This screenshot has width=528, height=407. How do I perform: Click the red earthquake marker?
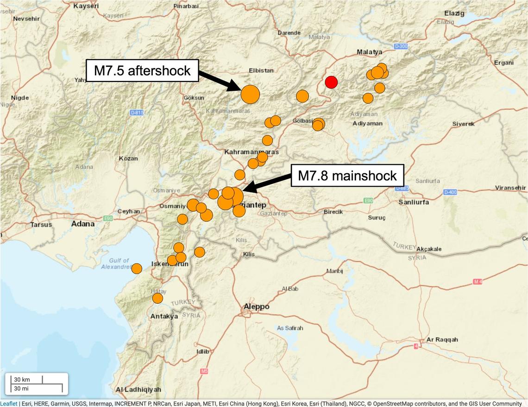[x=331, y=82]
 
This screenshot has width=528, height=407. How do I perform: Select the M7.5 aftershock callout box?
[x=142, y=70]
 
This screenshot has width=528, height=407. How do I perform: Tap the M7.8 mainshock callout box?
[x=347, y=175]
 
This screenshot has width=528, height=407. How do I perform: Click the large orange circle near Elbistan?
[x=250, y=94]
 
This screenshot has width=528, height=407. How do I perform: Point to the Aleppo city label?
[x=257, y=307]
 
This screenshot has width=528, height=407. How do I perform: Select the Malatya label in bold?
[x=370, y=52]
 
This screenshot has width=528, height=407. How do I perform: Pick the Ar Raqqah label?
[x=442, y=339]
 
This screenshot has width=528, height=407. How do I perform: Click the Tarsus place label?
[x=41, y=225]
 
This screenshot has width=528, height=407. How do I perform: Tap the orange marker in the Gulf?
[x=137, y=269]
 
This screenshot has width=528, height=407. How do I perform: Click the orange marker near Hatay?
[x=157, y=298]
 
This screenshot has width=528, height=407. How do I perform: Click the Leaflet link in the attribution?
[x=9, y=403]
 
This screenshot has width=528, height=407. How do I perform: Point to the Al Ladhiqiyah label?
[x=138, y=389]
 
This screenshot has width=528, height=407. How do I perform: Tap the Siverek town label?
[x=464, y=124]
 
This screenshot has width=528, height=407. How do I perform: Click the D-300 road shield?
[x=401, y=46]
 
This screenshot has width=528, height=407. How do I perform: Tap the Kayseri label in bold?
[x=87, y=6]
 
